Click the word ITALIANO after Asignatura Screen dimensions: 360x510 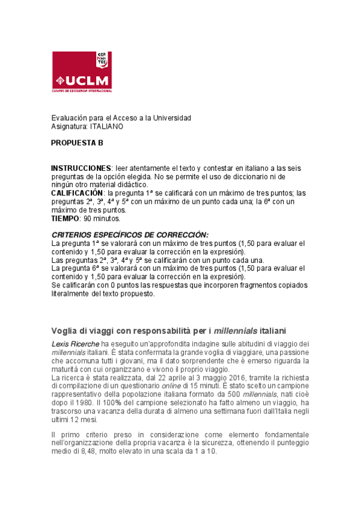point(106,127)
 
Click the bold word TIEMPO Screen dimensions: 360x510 point(64,219)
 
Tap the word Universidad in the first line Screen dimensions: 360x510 point(171,118)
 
